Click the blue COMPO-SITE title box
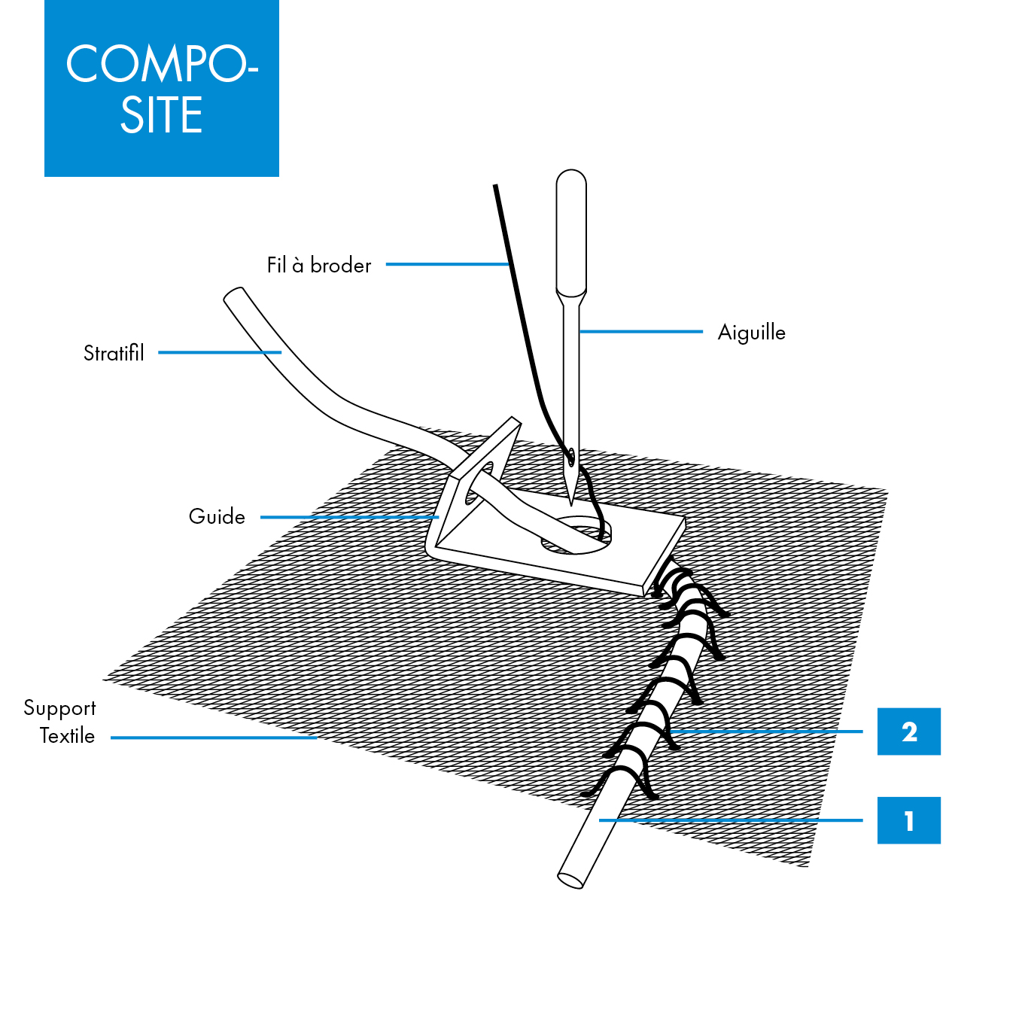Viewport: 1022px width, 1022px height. coord(161,88)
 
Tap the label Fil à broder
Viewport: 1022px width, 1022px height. coord(319,265)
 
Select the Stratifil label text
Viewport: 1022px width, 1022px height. coord(114,353)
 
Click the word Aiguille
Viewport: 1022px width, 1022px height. coord(751,333)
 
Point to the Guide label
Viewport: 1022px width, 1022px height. coord(217,517)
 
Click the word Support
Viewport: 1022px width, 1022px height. coord(59,708)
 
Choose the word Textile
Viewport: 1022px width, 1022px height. coord(67,736)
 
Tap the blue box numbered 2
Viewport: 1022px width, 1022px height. coord(908,732)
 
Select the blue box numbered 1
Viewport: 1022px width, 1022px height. coord(908,820)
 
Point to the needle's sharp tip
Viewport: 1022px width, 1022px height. coord(571,502)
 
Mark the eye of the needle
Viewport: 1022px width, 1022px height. coord(571,456)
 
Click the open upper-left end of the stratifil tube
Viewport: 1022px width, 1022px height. coord(233,295)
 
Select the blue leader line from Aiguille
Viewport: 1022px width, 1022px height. coord(640,331)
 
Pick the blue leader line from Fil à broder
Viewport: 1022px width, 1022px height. coord(448,264)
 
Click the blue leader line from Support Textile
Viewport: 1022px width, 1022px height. coord(214,738)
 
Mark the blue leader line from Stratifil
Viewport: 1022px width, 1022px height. coord(219,352)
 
